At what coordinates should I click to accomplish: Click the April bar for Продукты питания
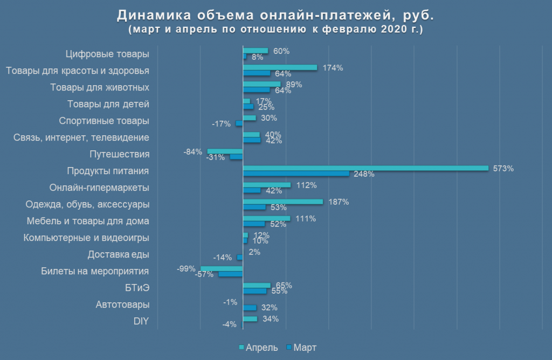coord(365,168)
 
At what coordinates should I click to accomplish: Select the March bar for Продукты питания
coord(296,174)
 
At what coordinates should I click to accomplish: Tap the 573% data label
coord(503,168)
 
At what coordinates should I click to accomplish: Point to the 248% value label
coord(364,174)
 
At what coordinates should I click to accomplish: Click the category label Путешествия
coord(119,154)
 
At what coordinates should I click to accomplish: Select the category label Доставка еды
coord(119,254)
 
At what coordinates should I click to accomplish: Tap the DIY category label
coord(141,322)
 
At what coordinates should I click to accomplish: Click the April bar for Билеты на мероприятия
coord(222,268)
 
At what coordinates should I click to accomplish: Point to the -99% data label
coord(186,268)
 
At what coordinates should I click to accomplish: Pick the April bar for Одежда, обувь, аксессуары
coord(283,202)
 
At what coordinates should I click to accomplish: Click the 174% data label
coord(333,68)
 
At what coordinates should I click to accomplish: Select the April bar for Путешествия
coord(225,151)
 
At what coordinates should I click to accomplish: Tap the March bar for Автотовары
coord(250,308)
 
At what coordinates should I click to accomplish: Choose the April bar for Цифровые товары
coord(256,51)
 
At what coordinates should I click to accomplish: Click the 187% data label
coord(339,202)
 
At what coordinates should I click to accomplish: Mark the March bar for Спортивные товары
coord(239,123)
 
